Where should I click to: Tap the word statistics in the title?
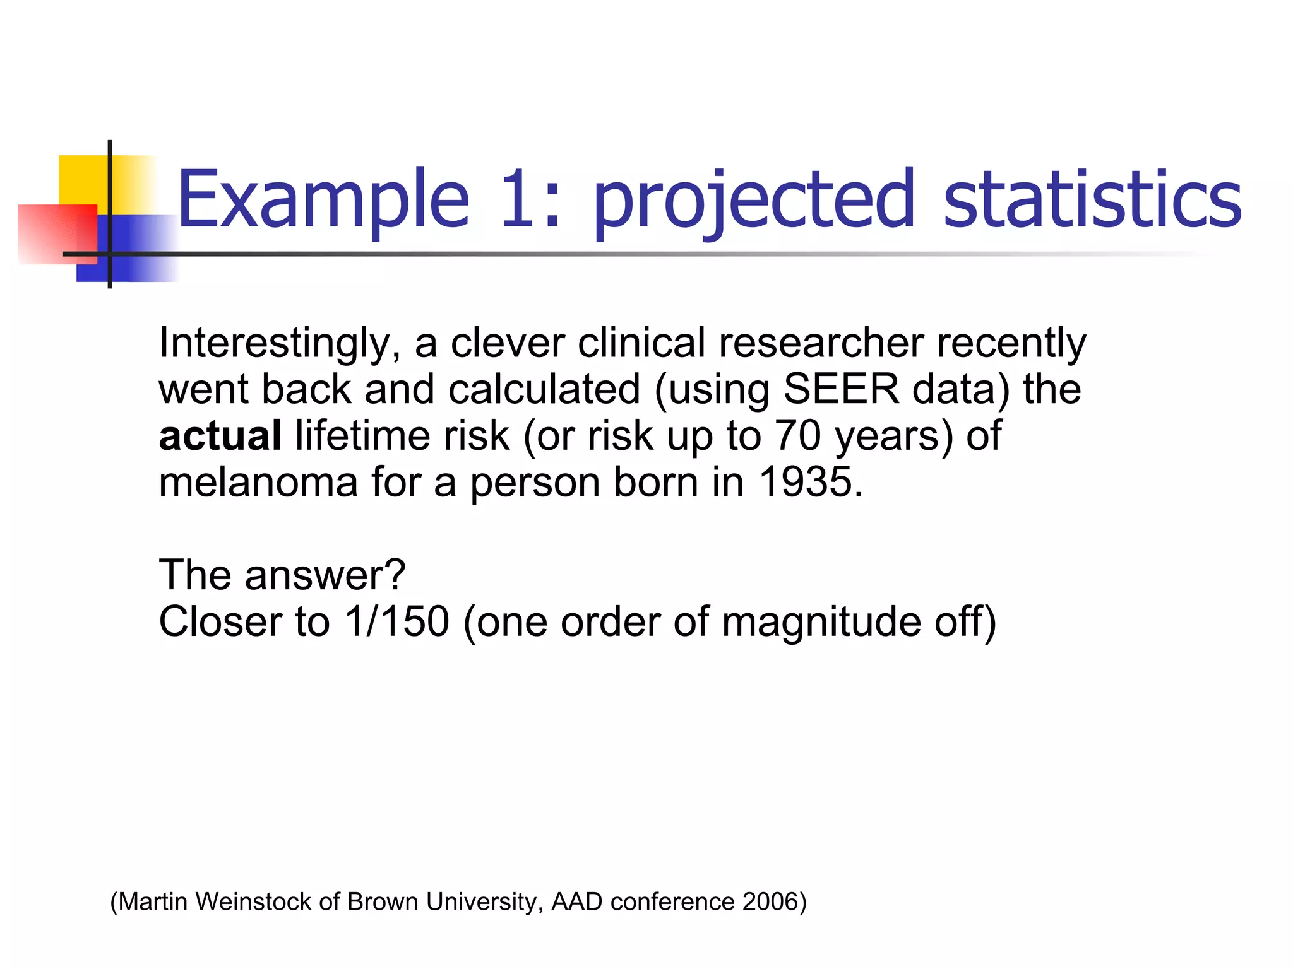pyautogui.click(x=1092, y=199)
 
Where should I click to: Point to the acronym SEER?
pyautogui.click(x=840, y=389)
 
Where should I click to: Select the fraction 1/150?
pyautogui.click(x=396, y=621)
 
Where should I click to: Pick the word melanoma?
pyautogui.click(x=258, y=482)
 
